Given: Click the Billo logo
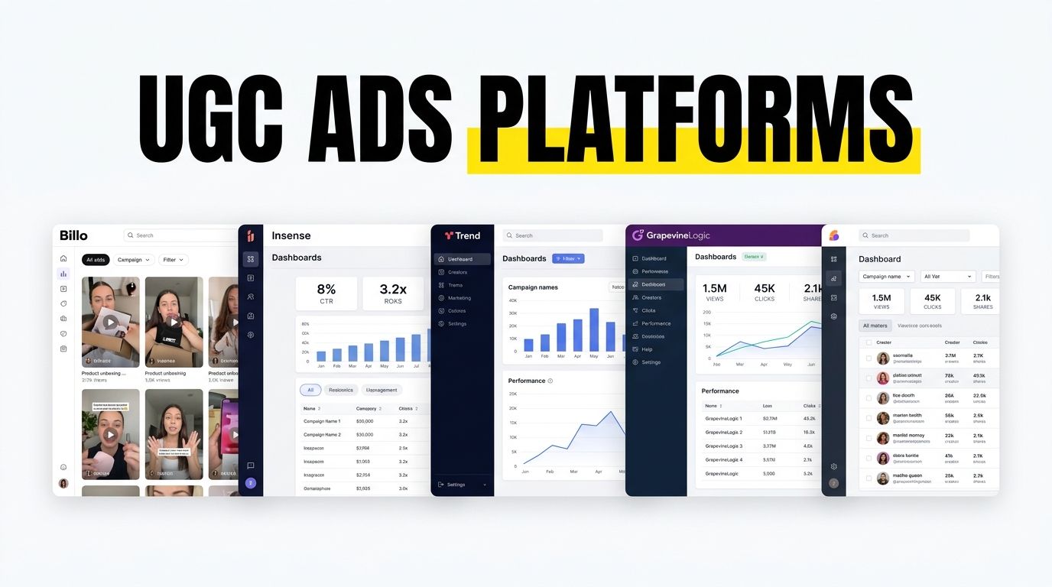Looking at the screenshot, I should point(74,235).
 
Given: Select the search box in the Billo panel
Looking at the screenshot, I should point(180,235).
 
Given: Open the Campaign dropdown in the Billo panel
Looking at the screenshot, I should point(134,260).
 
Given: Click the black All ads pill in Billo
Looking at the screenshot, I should point(96,260).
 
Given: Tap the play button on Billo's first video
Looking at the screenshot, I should point(111,322).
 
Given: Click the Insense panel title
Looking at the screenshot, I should point(291,235).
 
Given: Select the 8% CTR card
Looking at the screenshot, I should point(326,293).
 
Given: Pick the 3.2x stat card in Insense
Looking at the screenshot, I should point(393,293).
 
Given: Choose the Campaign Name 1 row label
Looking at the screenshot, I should point(322,421).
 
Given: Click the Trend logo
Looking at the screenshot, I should point(463,235).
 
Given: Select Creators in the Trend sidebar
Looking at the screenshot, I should point(457,272).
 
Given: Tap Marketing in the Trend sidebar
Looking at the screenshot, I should point(459,298).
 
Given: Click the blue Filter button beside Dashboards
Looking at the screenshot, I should point(568,259).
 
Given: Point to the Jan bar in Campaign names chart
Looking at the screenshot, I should point(528,345).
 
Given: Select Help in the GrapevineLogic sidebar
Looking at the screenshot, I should point(647,349).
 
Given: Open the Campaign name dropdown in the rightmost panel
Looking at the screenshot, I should point(886,277).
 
